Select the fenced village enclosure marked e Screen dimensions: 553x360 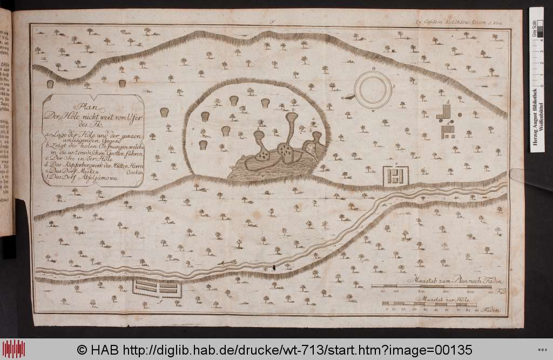pos(396,175)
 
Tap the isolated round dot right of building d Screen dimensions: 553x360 pos(460,114)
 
